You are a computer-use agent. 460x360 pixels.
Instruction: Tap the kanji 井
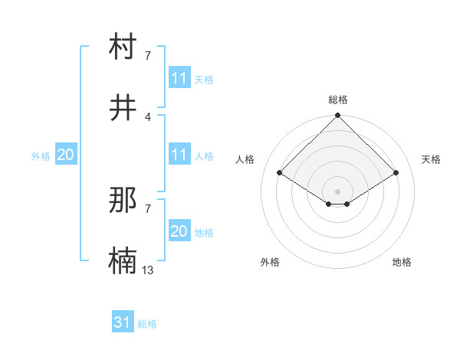[x=123, y=107]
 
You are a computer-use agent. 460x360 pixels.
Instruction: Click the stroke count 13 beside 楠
[x=148, y=270]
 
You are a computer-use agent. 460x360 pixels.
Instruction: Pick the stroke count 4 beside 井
[x=148, y=116]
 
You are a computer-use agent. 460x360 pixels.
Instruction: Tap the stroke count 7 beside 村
[x=148, y=55]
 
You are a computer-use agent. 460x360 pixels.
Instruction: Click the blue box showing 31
[x=123, y=323]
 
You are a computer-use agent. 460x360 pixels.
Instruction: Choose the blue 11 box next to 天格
[x=179, y=78]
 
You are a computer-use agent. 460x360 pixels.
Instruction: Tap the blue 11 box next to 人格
[x=179, y=155]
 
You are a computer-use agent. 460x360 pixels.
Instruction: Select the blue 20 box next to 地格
[x=179, y=231]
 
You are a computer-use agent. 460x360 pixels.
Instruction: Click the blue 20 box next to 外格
[x=66, y=155]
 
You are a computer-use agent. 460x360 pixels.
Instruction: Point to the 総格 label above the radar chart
[x=338, y=100]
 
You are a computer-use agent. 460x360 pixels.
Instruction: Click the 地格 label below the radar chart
[x=402, y=262]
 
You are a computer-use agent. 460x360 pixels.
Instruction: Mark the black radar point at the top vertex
[x=338, y=116]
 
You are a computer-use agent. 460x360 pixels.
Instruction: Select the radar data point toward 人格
[x=280, y=172]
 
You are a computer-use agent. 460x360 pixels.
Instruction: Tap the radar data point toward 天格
[x=396, y=172]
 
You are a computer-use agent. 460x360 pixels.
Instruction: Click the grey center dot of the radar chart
[x=338, y=191]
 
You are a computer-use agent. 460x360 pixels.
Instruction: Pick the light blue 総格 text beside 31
[x=147, y=324]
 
